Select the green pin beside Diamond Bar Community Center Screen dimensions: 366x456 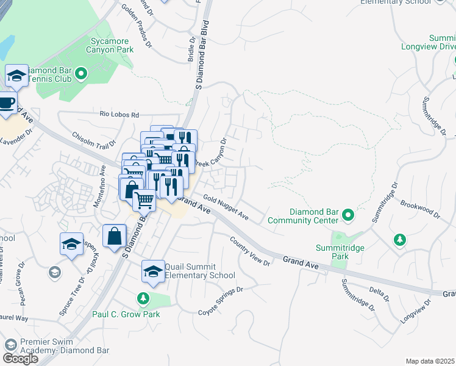point(347,215)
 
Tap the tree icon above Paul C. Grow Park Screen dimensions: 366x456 point(143,298)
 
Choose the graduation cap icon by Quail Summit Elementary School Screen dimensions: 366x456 point(153,271)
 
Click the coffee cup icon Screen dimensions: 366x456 point(6,102)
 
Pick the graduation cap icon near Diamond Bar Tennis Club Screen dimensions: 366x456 point(16,75)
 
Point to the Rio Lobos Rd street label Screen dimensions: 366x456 point(119,114)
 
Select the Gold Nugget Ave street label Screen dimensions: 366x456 point(226,207)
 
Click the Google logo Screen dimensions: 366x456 point(20,359)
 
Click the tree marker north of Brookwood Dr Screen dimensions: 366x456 point(399,240)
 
